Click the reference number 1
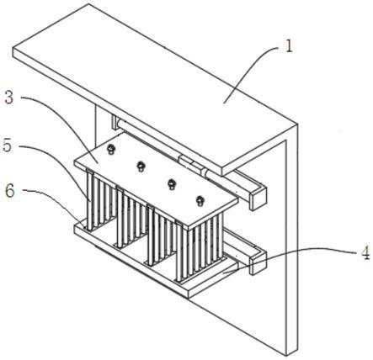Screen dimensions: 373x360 (x=289, y=47)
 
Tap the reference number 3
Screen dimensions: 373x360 (x=9, y=98)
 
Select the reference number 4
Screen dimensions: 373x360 (x=365, y=254)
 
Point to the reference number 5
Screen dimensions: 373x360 (x=8, y=145)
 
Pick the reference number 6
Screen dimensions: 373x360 (x=10, y=191)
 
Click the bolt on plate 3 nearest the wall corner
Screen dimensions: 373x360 (x=111, y=149)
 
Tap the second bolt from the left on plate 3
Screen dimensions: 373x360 (x=141, y=166)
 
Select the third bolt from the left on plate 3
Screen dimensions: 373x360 (x=172, y=184)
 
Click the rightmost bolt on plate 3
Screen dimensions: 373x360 (x=200, y=200)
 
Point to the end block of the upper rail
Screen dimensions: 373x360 (x=258, y=198)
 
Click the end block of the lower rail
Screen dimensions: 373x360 (x=258, y=262)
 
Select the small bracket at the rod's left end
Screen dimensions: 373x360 (x=115, y=123)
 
